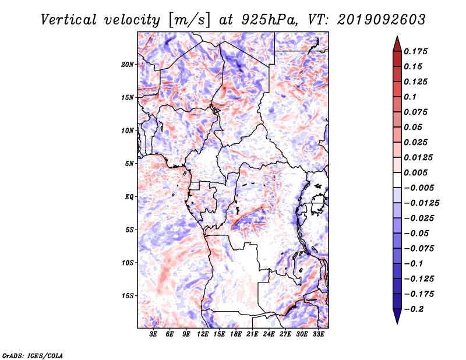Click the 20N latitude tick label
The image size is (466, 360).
[128, 65]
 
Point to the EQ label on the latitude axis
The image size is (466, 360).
[129, 197]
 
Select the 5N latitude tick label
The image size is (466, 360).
[129, 164]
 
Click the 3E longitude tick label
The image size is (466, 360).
[153, 334]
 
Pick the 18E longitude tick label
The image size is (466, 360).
[235, 334]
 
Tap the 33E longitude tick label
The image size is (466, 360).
[318, 334]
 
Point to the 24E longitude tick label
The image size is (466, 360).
[269, 334]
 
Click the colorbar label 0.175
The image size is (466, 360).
[415, 51]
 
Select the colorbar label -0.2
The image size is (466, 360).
[414, 309]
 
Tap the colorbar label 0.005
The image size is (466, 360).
[415, 172]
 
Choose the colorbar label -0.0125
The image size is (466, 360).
[421, 203]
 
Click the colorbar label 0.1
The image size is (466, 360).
[410, 97]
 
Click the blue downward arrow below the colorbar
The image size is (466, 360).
[397, 316]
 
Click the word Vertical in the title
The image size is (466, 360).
[69, 20]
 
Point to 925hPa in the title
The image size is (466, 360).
[269, 20]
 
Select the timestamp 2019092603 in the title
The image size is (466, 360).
[382, 20]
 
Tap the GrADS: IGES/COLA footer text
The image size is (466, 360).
[33, 356]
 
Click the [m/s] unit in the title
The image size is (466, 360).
[189, 20]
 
